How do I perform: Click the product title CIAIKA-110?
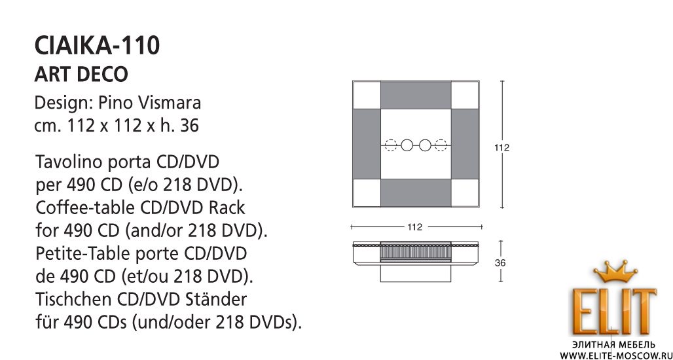(97, 45)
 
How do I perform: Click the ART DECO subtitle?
(81, 74)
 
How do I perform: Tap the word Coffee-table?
(85, 207)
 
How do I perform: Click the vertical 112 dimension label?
(501, 148)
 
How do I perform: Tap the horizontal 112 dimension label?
(415, 227)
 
